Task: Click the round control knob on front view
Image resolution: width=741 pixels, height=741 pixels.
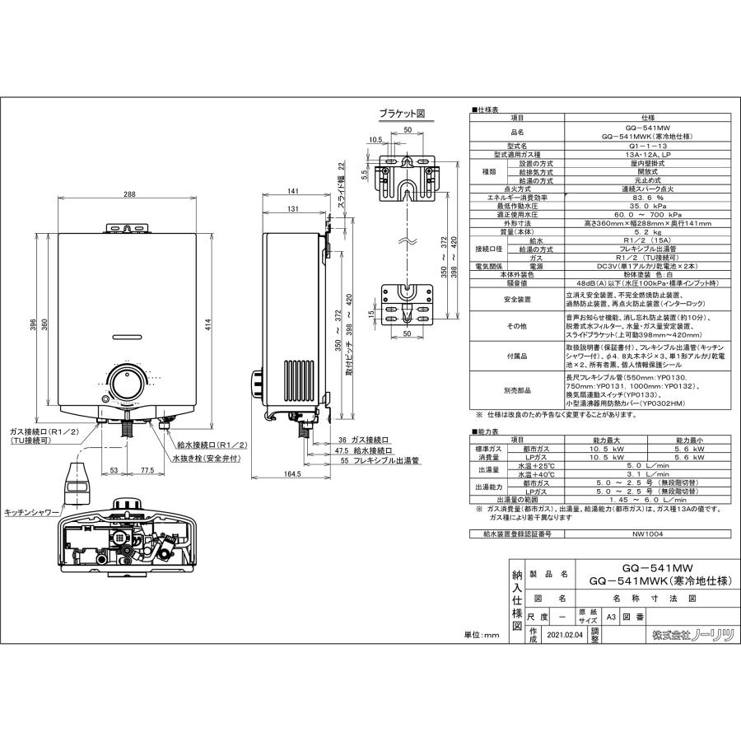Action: click(128, 384)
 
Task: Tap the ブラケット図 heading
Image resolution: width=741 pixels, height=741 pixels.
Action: click(402, 114)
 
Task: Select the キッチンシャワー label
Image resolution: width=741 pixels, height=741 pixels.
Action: click(31, 511)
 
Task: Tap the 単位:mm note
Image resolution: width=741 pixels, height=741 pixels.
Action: click(481, 635)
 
